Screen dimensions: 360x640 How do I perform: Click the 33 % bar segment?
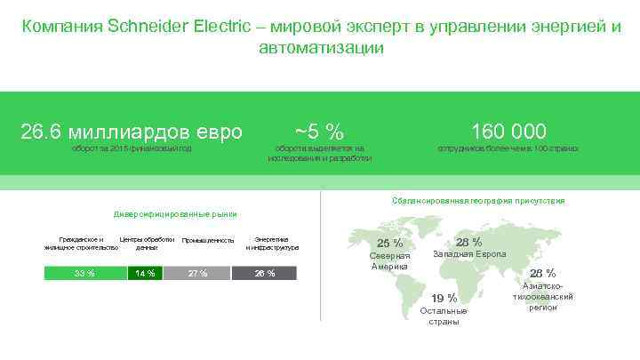[84, 273]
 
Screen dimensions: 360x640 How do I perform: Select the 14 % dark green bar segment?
[145, 273]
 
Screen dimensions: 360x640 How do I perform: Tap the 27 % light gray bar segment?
[197, 273]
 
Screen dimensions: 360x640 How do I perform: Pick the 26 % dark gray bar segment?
[265, 273]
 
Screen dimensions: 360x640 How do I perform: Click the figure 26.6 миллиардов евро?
[132, 132]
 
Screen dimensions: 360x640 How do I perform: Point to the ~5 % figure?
[319, 132]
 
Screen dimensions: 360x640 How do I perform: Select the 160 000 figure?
[508, 132]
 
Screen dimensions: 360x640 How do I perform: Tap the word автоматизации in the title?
[321, 47]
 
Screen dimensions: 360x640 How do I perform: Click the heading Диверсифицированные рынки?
[173, 215]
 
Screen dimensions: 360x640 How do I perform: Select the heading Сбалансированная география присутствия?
[477, 201]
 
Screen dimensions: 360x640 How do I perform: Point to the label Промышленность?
[207, 241]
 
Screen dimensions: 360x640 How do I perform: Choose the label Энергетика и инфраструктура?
[271, 243]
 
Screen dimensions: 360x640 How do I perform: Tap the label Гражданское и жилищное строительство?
[81, 244]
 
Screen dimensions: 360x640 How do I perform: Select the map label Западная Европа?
[469, 254]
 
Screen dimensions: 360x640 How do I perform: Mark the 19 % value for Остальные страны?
[444, 298]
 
